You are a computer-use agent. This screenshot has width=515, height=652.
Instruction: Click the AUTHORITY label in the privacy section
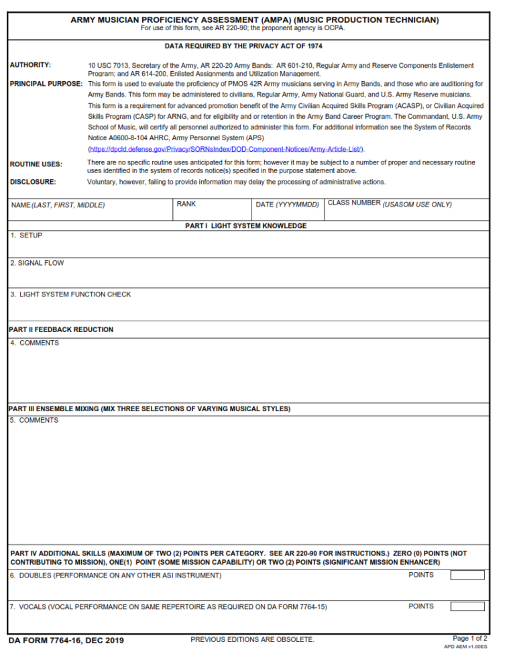click(x=31, y=65)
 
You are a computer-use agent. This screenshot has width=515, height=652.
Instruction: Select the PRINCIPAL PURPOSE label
click(x=46, y=84)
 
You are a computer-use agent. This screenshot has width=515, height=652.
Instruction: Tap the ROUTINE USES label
click(x=36, y=164)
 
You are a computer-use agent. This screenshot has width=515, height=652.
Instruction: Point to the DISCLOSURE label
click(x=33, y=182)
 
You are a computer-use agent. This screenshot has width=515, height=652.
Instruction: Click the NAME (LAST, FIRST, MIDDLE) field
click(x=90, y=212)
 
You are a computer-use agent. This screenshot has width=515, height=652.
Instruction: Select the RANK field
click(x=212, y=212)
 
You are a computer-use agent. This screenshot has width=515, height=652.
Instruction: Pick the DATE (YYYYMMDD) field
click(x=288, y=212)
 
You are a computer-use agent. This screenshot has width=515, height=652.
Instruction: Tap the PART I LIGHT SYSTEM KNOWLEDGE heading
click(x=246, y=226)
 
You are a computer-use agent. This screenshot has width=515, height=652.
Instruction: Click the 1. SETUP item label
click(x=26, y=235)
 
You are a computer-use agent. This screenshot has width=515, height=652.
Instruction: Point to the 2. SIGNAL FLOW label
click(x=37, y=263)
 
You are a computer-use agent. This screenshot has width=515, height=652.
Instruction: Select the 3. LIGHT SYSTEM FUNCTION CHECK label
click(x=70, y=294)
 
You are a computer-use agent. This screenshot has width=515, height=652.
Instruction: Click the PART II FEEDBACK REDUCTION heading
click(x=61, y=329)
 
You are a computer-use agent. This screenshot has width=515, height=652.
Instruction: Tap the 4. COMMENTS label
click(x=34, y=343)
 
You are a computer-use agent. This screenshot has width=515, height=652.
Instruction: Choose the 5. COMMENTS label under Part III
click(x=34, y=421)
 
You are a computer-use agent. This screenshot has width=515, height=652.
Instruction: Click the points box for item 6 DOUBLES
click(x=467, y=575)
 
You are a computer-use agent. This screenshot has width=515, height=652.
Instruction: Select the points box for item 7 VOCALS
click(x=467, y=606)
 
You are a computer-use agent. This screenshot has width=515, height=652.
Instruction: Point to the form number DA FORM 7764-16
click(x=66, y=641)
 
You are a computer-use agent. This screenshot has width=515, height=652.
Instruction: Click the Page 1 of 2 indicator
click(x=470, y=638)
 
